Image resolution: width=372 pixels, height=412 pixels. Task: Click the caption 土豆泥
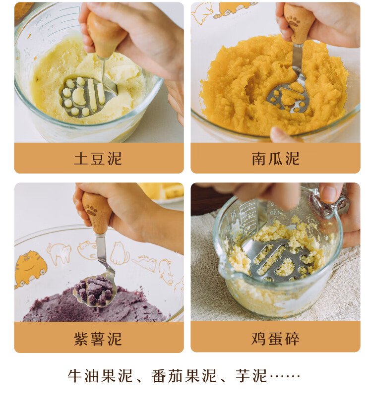pos(98,159)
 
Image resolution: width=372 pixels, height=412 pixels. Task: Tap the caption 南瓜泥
pos(275,159)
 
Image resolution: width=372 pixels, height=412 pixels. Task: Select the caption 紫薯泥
pos(98,339)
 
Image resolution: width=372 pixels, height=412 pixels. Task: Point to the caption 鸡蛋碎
pos(275,339)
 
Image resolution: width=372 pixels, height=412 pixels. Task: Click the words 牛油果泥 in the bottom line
pos(100,376)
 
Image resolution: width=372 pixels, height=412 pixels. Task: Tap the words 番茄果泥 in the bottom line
pos(184,376)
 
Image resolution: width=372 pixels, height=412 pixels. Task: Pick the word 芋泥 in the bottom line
pos(251,376)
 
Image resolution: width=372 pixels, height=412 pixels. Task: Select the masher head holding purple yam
pos(96,290)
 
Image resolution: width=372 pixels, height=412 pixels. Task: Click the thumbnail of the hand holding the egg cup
pos(328,193)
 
